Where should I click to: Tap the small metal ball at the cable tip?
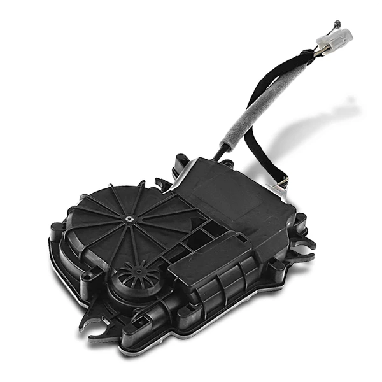coord(337,23)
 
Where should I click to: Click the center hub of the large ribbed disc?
coord(129,220)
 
